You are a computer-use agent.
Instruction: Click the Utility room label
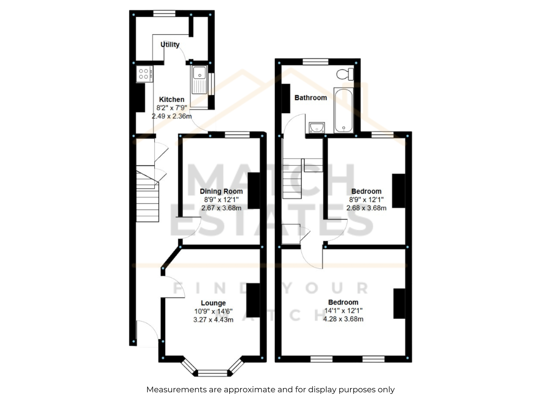coord(170,45)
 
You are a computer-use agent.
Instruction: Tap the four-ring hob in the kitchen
coord(144,74)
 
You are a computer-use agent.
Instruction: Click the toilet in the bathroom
coord(345,74)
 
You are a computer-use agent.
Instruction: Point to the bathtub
coord(344,111)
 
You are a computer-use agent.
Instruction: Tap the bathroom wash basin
coord(317,128)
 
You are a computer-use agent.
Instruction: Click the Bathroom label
coord(310,98)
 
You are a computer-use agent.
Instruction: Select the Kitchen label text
coord(171,99)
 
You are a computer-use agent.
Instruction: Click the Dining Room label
coord(221,191)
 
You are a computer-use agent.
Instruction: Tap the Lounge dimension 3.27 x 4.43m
coord(213,320)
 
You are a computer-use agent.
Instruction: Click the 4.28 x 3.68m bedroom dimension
coord(343,319)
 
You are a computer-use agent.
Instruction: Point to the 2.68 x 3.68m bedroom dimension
coord(366,208)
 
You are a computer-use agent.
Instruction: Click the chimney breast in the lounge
coord(253,300)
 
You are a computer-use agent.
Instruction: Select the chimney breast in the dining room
coord(254,190)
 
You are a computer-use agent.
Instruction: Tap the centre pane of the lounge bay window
coord(213,373)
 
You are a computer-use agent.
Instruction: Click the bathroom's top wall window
coord(315,62)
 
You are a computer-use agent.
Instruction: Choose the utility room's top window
coord(164,14)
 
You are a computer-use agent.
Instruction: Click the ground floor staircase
coord(147,194)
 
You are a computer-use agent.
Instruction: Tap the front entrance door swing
coord(148,333)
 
